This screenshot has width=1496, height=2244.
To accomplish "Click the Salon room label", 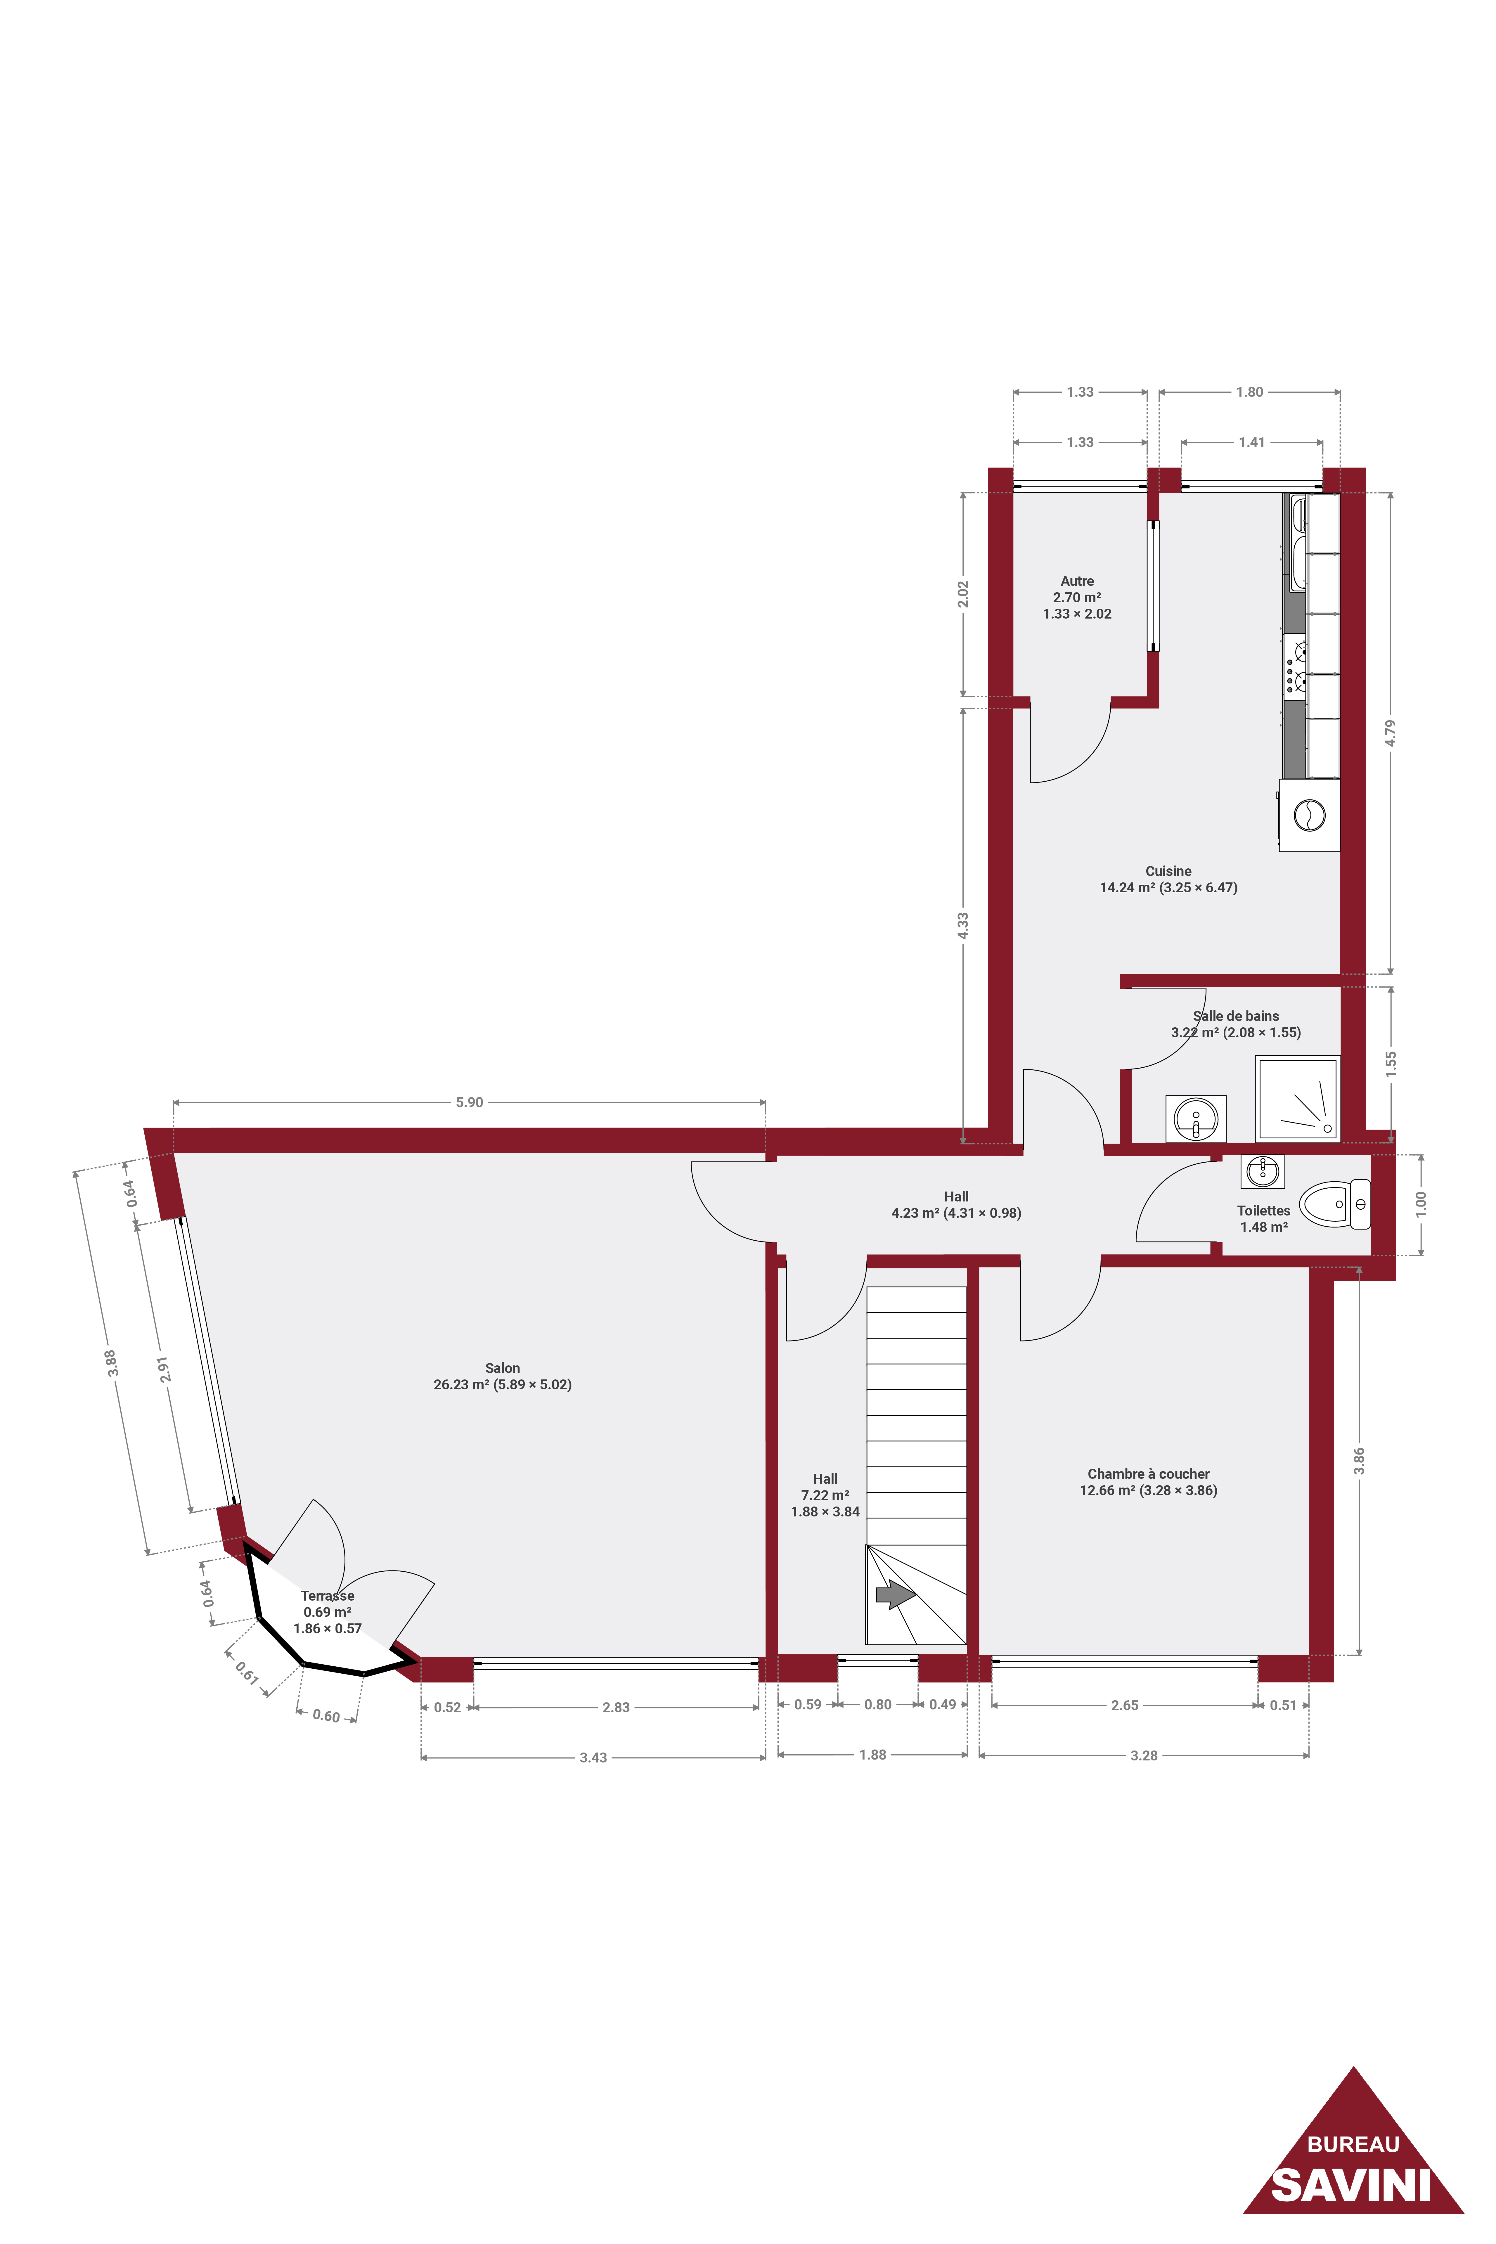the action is tap(503, 1368).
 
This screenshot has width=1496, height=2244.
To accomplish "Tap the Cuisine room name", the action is tap(1169, 871).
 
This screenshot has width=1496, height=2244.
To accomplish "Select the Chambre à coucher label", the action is tap(1149, 1474).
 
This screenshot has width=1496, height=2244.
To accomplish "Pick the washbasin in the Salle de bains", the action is tap(1195, 1118).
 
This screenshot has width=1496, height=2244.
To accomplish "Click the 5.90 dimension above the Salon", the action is tap(470, 1102).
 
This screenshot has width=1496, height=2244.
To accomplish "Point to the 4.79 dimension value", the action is tap(1391, 733).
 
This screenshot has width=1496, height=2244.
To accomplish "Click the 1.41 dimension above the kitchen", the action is tap(1252, 442).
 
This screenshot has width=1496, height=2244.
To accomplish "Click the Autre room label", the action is tap(1077, 581).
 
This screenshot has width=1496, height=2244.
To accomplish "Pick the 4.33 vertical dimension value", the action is tap(964, 925).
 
